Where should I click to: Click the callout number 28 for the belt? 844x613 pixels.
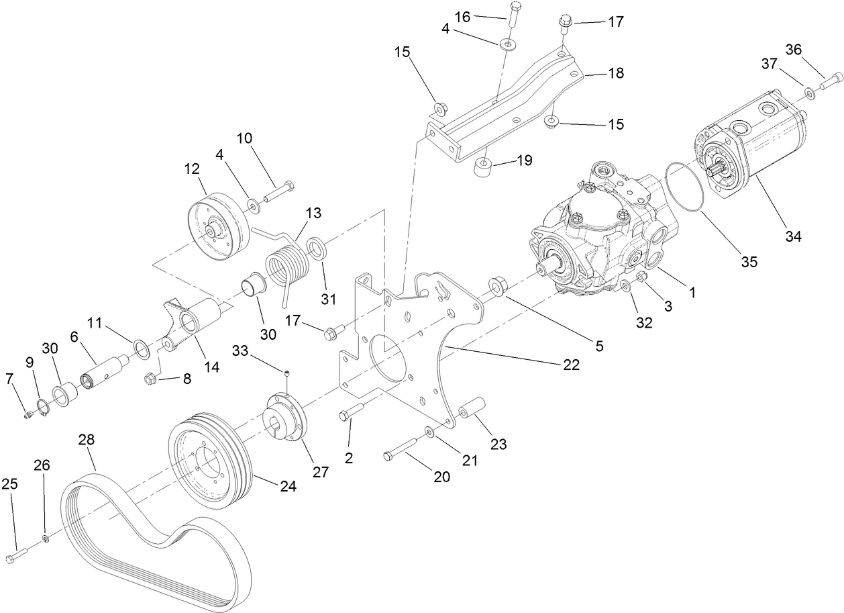(87, 440)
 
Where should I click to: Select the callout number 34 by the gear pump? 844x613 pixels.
(794, 236)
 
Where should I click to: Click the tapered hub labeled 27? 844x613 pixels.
(285, 420)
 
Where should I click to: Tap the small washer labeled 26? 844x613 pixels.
(45, 538)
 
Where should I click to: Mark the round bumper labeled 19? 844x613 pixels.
(484, 167)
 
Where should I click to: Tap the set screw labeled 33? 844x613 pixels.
(287, 373)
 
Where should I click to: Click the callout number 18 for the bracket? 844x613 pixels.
(616, 73)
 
